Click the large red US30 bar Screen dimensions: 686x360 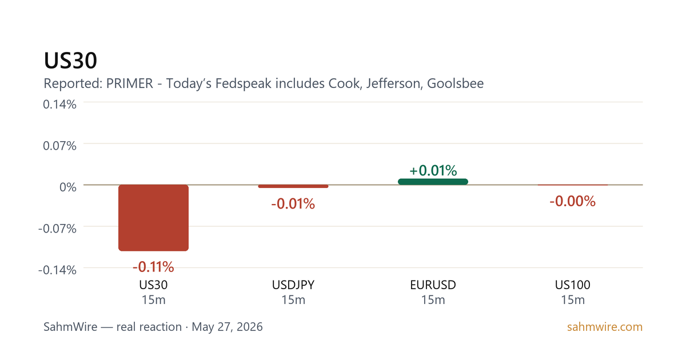(153, 218)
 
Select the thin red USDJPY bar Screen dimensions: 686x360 (293, 186)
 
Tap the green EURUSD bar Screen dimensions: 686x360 (433, 182)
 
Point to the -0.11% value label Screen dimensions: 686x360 (153, 267)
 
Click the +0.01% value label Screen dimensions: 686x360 (433, 170)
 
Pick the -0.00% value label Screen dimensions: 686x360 (573, 201)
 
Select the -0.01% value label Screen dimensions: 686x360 (293, 204)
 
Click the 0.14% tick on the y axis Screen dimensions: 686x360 (59, 105)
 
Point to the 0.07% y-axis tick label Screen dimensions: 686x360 (59, 146)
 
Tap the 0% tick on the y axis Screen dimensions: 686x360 (68, 187)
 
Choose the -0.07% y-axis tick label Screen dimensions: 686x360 (57, 229)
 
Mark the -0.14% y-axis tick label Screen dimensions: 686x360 (57, 270)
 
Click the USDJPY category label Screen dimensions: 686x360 (293, 285)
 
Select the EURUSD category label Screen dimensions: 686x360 (433, 285)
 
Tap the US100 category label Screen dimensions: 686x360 (573, 285)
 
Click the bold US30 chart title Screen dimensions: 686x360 (70, 61)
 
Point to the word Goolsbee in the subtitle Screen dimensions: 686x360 (456, 83)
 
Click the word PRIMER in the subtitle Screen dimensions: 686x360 (130, 83)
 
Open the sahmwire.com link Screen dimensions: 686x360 (605, 327)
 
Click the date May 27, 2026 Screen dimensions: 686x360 (228, 327)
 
